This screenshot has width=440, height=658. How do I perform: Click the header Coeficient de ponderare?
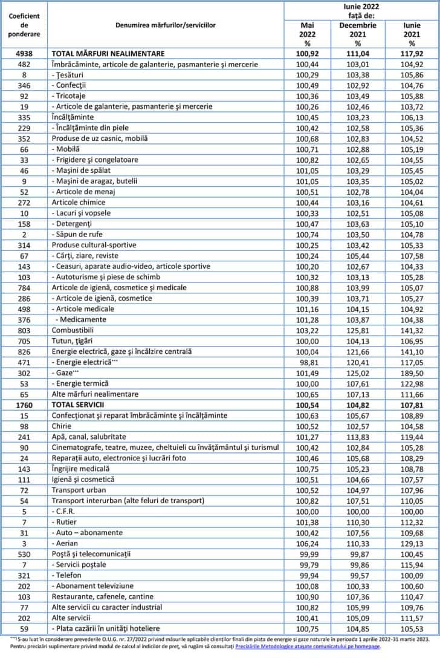pos(24,25)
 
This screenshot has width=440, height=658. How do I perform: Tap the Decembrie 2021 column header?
pos(357,34)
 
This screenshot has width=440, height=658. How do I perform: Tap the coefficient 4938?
pos(24,53)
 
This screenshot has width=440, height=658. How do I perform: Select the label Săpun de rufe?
pos(80,234)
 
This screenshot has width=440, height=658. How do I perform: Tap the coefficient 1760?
pos(24,405)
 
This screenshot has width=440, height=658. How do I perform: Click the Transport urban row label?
pos(79,490)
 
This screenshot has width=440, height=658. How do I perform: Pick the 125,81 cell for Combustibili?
pos(357,330)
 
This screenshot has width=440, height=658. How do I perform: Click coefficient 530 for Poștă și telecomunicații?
pos(24,554)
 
